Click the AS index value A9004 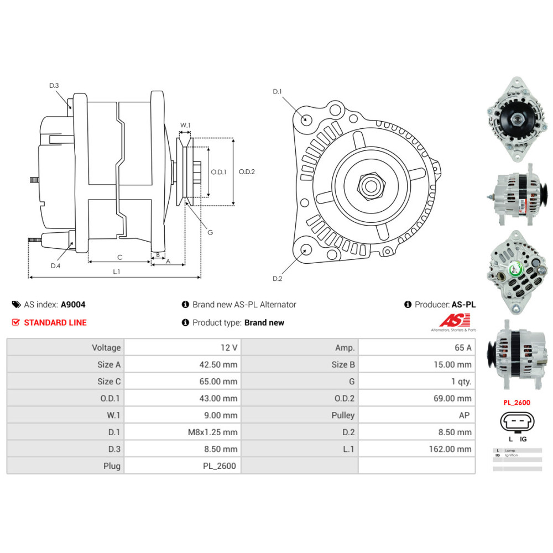coord(73,304)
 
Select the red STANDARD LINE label coord(55,322)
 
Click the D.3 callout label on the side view coord(54,85)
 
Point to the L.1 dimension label coord(116,272)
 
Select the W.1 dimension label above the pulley coord(185,126)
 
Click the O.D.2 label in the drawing coord(247,171)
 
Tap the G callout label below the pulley coord(210,232)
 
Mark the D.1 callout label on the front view coord(277,91)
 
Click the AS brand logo coord(455,321)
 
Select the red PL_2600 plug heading coord(517,403)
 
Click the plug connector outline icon coord(517,422)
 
